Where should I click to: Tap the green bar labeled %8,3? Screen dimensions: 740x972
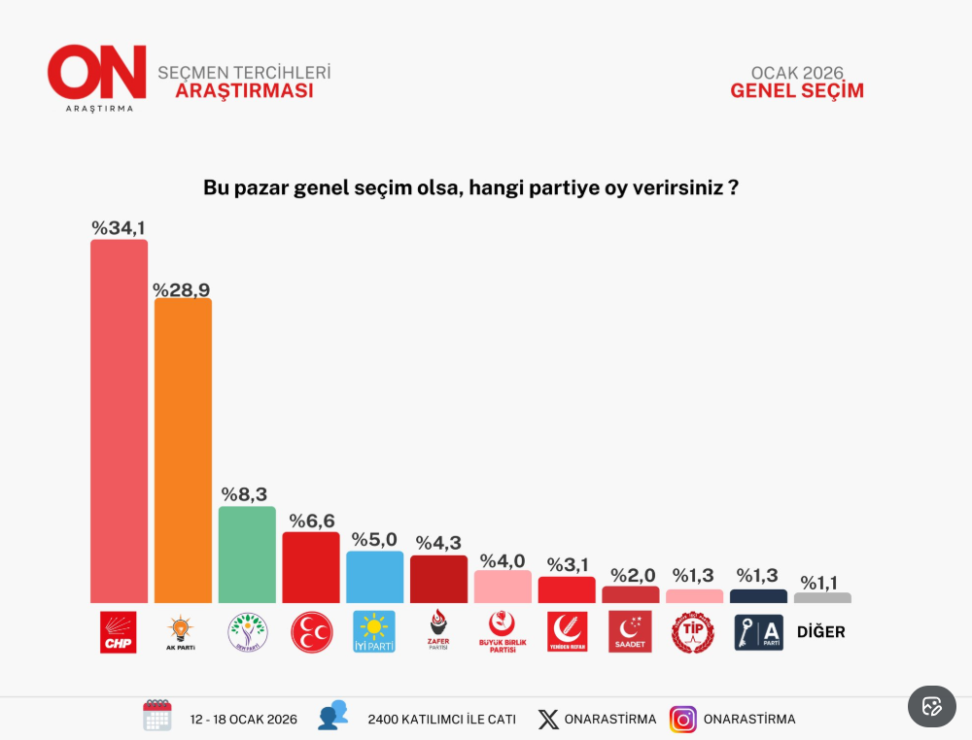click(247, 555)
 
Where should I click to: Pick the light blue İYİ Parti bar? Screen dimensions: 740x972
click(374, 577)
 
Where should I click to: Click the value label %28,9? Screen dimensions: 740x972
click(181, 289)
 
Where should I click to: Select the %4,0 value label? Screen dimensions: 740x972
click(503, 560)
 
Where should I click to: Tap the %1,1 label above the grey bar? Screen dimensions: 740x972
click(822, 583)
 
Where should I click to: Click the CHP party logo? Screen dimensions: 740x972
click(119, 632)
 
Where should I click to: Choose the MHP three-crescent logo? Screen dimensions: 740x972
click(311, 632)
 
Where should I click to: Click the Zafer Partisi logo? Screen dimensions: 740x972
click(438, 630)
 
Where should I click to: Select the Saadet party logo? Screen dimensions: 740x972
click(630, 631)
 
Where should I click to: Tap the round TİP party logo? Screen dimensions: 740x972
click(693, 632)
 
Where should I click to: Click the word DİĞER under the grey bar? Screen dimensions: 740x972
click(821, 632)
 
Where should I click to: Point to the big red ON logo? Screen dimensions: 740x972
click(97, 73)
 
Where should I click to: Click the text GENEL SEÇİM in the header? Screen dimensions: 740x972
click(797, 91)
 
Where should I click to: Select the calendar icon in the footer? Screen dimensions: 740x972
click(157, 716)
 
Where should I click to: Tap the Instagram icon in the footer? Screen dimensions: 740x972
click(683, 720)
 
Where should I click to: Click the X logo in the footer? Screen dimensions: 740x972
click(549, 720)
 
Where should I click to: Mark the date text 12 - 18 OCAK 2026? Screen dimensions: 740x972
click(244, 720)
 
